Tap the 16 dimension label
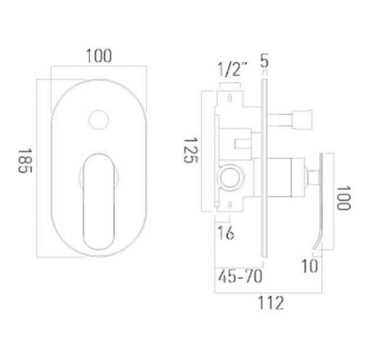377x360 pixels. pyautogui.click(x=226, y=234)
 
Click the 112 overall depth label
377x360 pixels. pyautogui.click(x=271, y=303)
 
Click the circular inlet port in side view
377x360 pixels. pyautogui.click(x=232, y=175)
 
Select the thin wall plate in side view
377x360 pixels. pyautogui.click(x=264, y=164)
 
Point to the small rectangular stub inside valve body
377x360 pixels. pyautogui.click(x=241, y=144)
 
